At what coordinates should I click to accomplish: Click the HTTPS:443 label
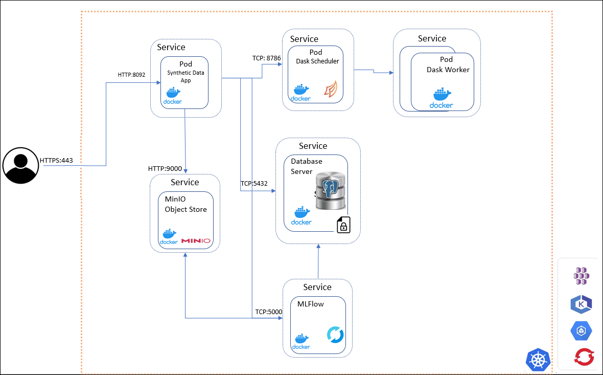pyautogui.click(x=56, y=161)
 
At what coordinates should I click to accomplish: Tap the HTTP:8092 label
pyautogui.click(x=131, y=75)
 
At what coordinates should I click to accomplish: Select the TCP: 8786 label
pyautogui.click(x=267, y=58)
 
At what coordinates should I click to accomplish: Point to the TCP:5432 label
pyautogui.click(x=254, y=184)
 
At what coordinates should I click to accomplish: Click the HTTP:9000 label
pyautogui.click(x=165, y=168)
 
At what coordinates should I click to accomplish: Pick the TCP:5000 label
pyautogui.click(x=269, y=312)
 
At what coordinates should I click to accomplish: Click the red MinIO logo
pyautogui.click(x=196, y=240)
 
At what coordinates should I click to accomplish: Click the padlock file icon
pyautogui.click(x=343, y=225)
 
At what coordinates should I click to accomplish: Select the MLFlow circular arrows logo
pyautogui.click(x=335, y=336)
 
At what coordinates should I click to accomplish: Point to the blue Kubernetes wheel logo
pyautogui.click(x=538, y=360)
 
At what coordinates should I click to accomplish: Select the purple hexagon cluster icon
pyautogui.click(x=582, y=276)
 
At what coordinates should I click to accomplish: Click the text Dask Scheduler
pyautogui.click(x=317, y=61)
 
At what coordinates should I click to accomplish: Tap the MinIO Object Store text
pyautogui.click(x=185, y=204)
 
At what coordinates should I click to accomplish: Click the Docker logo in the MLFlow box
pyautogui.click(x=301, y=342)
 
